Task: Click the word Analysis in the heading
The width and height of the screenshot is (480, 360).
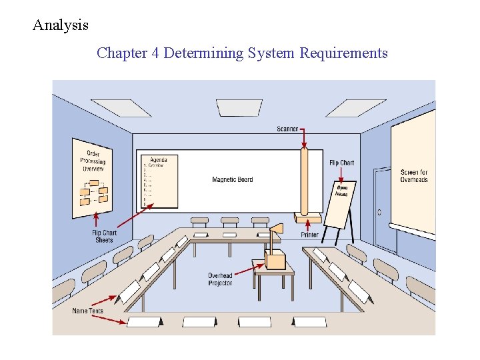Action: coord(61,26)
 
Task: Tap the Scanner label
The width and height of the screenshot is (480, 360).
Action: coord(287,129)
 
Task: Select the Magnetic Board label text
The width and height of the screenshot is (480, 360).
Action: coord(233,179)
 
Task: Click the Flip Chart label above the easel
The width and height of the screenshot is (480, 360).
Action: coord(342,163)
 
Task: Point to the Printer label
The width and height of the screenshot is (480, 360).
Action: coord(310,235)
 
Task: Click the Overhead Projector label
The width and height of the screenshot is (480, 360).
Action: coord(220,279)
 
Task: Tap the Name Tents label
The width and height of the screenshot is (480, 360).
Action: coord(88,311)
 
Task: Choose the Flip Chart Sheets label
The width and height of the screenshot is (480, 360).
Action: coord(104,236)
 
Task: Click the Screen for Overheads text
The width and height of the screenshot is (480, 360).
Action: coord(414,176)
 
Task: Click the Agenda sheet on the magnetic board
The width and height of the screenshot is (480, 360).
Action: coord(159,181)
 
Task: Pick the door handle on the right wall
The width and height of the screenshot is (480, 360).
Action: coord(379,213)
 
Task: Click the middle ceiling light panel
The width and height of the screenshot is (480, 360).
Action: coord(239,107)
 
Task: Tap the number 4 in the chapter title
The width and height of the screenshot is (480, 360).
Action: coord(155,53)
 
